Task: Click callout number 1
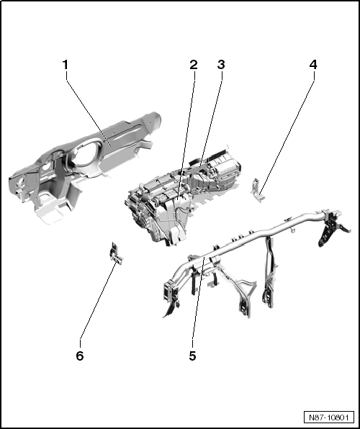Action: [x=65, y=65]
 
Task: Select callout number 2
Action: [x=193, y=65]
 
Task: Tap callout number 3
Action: [x=221, y=65]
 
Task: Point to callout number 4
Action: [x=313, y=65]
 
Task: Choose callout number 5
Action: [x=192, y=356]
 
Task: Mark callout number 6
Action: [x=80, y=356]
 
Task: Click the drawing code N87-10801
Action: [x=329, y=417]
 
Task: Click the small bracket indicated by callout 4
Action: [x=257, y=191]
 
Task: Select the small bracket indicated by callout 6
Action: [x=116, y=253]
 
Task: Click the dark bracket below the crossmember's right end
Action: [x=328, y=232]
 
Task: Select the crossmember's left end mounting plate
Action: [x=168, y=291]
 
